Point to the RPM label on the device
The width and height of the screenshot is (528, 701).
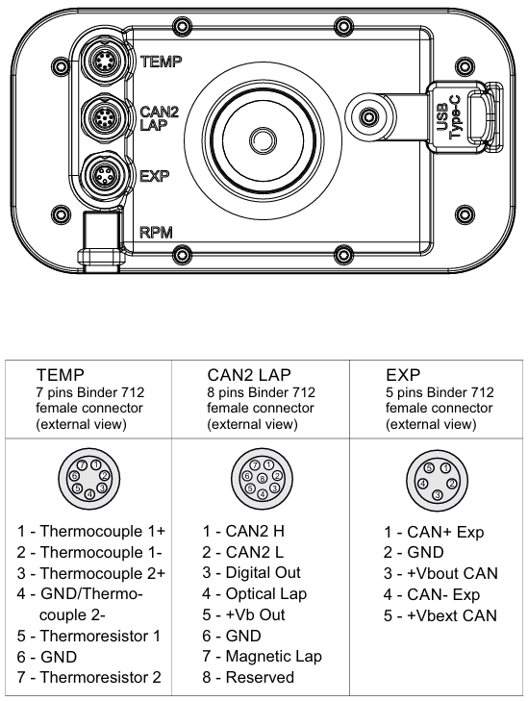coord(157,233)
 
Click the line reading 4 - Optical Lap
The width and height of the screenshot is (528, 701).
coord(255,593)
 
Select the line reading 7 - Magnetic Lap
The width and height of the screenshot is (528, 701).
coord(262,656)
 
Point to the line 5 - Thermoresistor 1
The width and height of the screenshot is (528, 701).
coord(88,636)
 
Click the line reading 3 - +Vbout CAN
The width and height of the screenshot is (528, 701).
coord(441,573)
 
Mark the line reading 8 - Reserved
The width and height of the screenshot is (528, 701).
coord(248,677)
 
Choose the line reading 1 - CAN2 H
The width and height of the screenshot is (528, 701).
coord(242,531)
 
